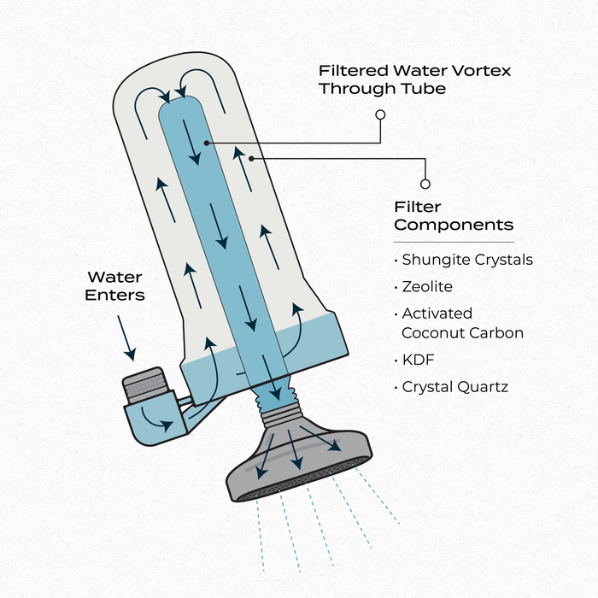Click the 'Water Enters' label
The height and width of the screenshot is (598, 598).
pos(115,286)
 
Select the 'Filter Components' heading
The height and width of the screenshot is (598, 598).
pos(453,216)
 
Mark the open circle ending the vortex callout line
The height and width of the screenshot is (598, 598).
pos(380,113)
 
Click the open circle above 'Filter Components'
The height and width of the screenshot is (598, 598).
pos(425,183)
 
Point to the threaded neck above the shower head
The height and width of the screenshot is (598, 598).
pos(278,405)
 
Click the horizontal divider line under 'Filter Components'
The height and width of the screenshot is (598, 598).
pos(454,242)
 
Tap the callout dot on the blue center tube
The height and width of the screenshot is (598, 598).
pos(206,141)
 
